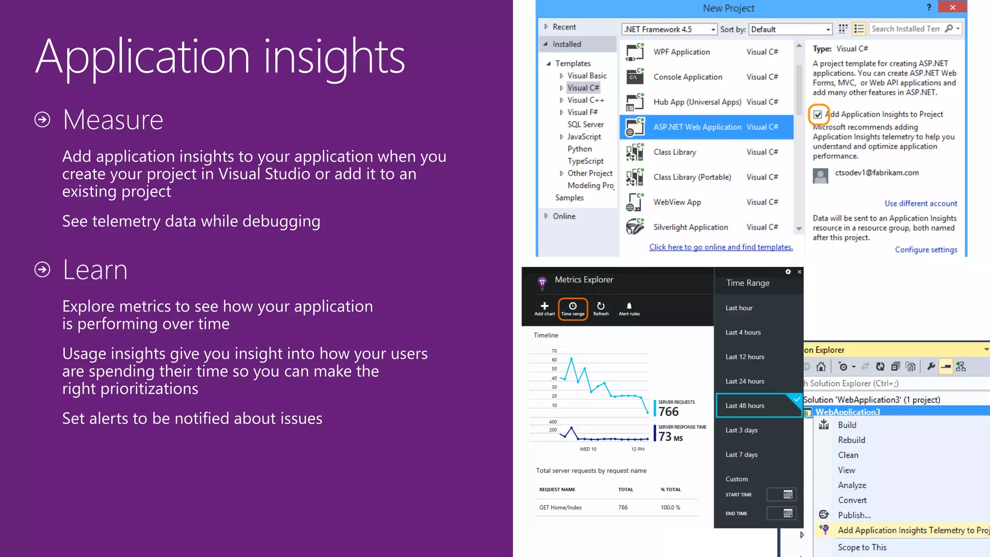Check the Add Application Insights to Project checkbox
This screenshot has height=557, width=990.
[x=817, y=115]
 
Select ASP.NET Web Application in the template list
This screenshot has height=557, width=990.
[x=697, y=127]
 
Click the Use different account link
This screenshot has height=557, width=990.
[x=920, y=204]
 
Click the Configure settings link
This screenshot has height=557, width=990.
[x=926, y=249]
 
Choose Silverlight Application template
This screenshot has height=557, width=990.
[x=690, y=227]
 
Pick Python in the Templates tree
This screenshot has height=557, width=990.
[x=580, y=149]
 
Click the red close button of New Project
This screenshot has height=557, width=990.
[x=952, y=7]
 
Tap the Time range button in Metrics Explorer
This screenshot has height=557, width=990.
[x=573, y=308]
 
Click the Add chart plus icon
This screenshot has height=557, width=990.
[x=544, y=306]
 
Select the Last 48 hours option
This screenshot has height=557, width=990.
[x=745, y=406]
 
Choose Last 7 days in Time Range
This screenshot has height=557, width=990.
[x=742, y=454]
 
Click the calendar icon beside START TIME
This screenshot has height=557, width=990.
[x=788, y=495]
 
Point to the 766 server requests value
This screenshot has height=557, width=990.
[x=669, y=411]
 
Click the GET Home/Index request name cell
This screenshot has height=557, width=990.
[x=560, y=508]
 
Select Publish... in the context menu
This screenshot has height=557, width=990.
[x=854, y=515]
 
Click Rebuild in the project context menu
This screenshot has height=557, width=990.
[x=851, y=440]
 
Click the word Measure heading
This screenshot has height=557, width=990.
[x=113, y=120]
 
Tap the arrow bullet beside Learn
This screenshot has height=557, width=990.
[x=43, y=269]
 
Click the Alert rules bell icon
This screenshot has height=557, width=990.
[x=629, y=306]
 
